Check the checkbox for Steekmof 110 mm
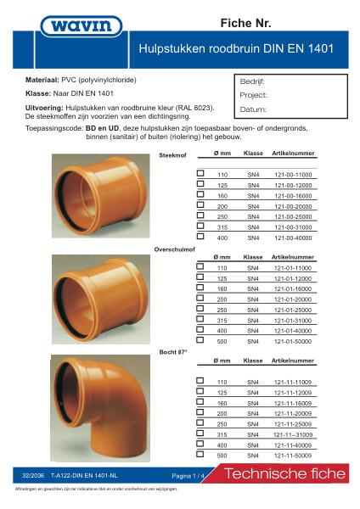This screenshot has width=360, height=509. (x=201, y=172)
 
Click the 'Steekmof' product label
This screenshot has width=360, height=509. (x=172, y=157)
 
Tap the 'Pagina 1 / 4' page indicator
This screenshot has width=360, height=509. (x=188, y=476)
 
